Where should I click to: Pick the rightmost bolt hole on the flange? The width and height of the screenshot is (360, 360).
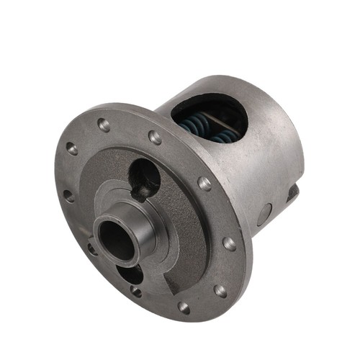[x=229, y=243]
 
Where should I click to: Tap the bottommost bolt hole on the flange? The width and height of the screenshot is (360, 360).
[x=184, y=307]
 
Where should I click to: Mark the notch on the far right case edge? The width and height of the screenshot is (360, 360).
[x=293, y=192]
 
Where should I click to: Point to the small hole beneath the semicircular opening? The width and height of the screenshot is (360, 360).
[x=137, y=292]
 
